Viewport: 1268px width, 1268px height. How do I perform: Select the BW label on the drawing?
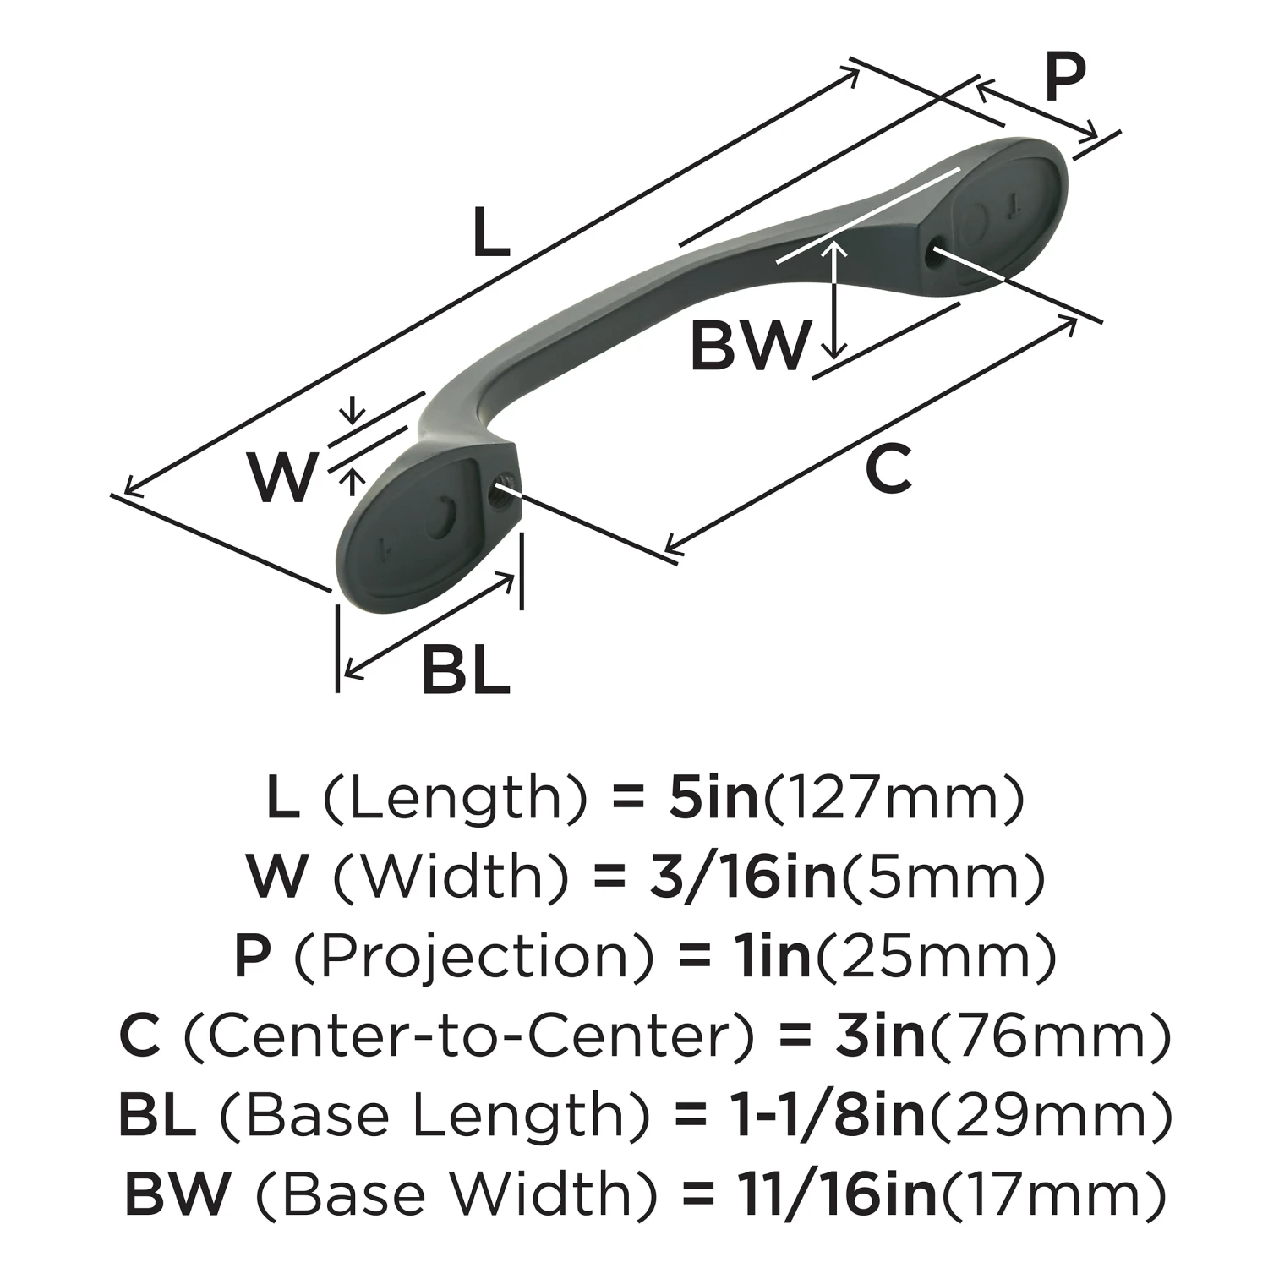tap(749, 346)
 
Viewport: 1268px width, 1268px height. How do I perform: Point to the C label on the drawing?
tap(888, 470)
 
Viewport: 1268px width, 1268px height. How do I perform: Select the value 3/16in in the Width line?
tap(743, 877)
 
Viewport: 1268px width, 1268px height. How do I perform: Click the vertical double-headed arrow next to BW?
tap(835, 299)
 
